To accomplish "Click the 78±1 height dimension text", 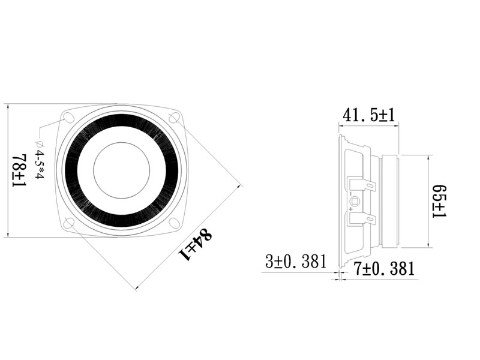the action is (x=20, y=170).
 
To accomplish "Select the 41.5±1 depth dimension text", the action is (x=369, y=115).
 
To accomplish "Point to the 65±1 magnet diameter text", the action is (x=439, y=202).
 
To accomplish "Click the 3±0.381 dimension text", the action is (x=296, y=262).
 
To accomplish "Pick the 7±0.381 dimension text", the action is (x=384, y=268).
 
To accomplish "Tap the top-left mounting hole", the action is (x=68, y=118).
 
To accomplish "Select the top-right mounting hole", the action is (x=174, y=118).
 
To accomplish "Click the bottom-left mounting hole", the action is (x=70, y=223).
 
